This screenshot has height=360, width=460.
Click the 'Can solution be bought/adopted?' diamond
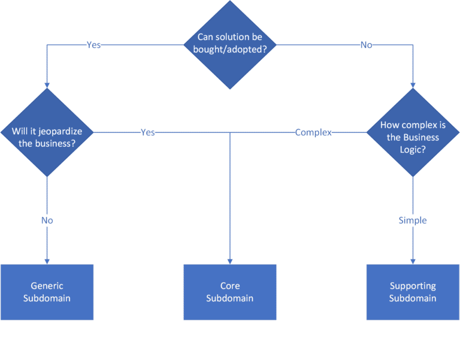click(x=230, y=44)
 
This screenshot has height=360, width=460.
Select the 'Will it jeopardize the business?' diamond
click(x=47, y=132)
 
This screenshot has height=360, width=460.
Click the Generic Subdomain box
click(x=47, y=292)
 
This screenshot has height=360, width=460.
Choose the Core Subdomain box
click(x=230, y=292)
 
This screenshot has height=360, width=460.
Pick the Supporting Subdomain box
click(x=413, y=292)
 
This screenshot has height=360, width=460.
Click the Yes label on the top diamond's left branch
click(x=93, y=45)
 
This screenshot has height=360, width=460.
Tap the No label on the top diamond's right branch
click(x=366, y=45)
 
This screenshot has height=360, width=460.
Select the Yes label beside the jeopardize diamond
click(x=147, y=132)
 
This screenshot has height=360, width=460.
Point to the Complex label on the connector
click(x=313, y=132)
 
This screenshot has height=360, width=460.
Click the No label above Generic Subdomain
click(x=47, y=220)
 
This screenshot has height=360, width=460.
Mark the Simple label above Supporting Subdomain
click(x=413, y=220)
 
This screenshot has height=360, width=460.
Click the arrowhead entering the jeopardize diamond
click(x=47, y=84)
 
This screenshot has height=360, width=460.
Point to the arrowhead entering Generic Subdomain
click(x=47, y=261)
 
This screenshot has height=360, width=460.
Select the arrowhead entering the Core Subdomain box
click(x=230, y=261)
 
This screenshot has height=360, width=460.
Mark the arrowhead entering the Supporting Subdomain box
click(x=413, y=261)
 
